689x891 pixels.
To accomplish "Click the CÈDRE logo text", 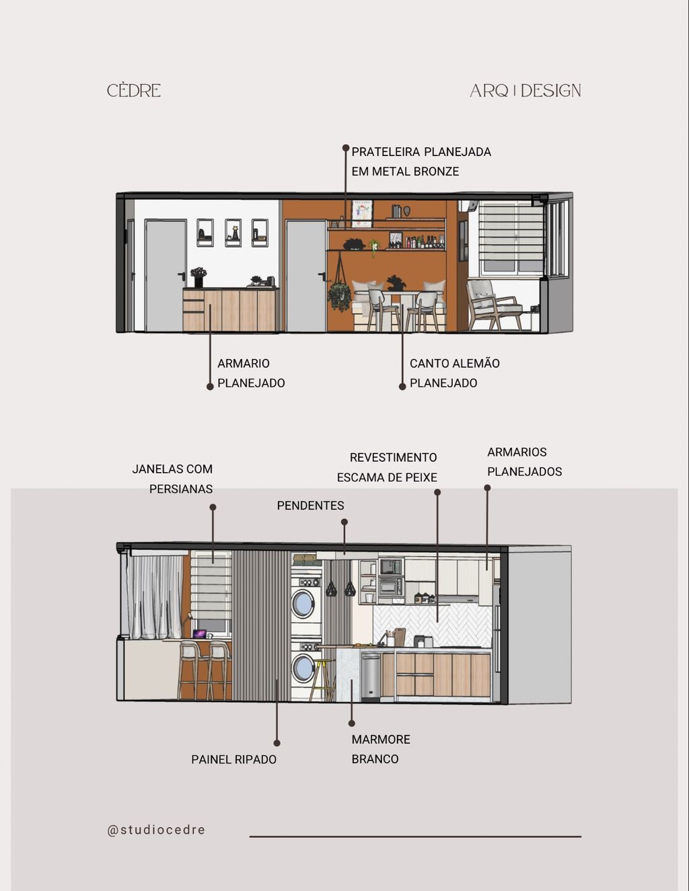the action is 134,91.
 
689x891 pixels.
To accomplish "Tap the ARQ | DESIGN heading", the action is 525,91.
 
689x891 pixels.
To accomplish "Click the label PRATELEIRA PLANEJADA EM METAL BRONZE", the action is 421,161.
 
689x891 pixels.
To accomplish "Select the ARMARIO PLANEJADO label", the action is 251,373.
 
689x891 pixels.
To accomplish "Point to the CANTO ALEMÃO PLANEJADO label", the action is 454,373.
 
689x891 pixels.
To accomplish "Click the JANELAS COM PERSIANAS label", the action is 172,479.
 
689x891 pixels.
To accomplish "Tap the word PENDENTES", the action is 310,506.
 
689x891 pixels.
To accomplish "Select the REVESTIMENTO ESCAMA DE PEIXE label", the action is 387,467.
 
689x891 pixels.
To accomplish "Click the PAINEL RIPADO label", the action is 233,759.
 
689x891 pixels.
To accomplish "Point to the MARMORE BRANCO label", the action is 381,749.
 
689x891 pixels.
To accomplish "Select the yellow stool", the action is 322,680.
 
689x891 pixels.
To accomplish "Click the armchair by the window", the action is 493,304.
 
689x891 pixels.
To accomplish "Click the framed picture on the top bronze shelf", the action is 362,213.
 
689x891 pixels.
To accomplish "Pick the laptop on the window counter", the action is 200,634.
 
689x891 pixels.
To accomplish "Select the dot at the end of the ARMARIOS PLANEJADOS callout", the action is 487,488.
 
